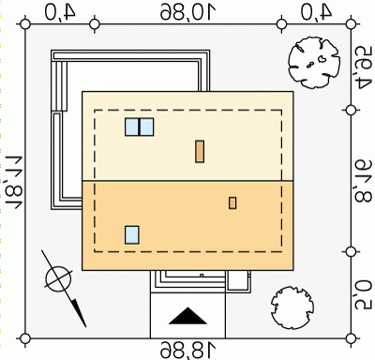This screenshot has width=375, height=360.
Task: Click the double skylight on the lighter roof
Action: point(140,127)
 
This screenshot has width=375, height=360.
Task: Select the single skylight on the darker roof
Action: point(132,235)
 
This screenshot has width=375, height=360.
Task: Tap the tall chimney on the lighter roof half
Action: point(200,151)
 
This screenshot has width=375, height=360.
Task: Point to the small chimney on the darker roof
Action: point(232,203)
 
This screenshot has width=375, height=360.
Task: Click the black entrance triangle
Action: point(188,316)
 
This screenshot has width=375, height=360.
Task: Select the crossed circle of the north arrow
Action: point(58,279)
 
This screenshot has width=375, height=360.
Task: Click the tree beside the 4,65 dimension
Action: point(314,62)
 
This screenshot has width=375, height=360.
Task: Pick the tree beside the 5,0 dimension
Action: point(292,307)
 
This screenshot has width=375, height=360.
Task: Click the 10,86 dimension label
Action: point(188,12)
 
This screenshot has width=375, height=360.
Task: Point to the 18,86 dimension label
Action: point(188,350)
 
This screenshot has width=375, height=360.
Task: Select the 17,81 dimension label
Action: point(13,181)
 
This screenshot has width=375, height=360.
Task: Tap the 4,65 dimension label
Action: point(363,67)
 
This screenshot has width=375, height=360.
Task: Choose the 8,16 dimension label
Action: point(363,181)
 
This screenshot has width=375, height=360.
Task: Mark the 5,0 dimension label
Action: point(363,294)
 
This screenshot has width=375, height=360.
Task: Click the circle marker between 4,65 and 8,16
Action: point(352,110)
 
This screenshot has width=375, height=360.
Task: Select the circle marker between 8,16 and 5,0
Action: point(352,251)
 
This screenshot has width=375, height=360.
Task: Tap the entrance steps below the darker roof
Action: point(188,281)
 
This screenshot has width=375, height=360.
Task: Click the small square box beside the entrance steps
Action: point(238,281)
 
